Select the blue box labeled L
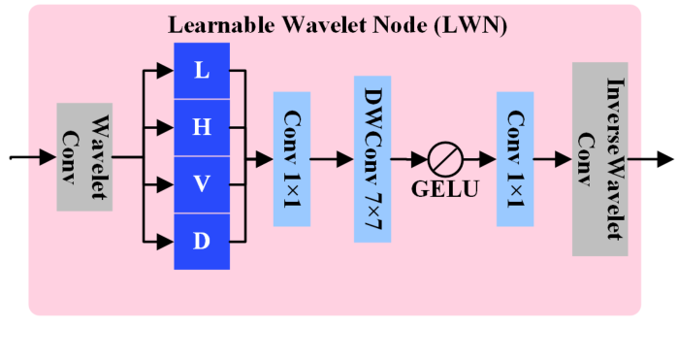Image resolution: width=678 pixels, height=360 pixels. click(x=202, y=71)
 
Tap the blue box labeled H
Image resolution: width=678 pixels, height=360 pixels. click(x=202, y=127)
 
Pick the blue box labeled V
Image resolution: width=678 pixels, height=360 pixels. click(x=202, y=184)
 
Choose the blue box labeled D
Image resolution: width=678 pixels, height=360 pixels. click(x=202, y=241)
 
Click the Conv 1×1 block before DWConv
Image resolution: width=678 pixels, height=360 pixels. click(x=291, y=158)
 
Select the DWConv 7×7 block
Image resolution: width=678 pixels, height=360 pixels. click(x=371, y=157)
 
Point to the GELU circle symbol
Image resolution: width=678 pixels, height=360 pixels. click(x=444, y=158)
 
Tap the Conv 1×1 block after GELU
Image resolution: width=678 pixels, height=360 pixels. click(x=515, y=158)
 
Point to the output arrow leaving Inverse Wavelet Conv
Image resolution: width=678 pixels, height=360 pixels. click(x=658, y=158)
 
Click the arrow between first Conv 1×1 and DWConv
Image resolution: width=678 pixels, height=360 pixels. click(x=332, y=158)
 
